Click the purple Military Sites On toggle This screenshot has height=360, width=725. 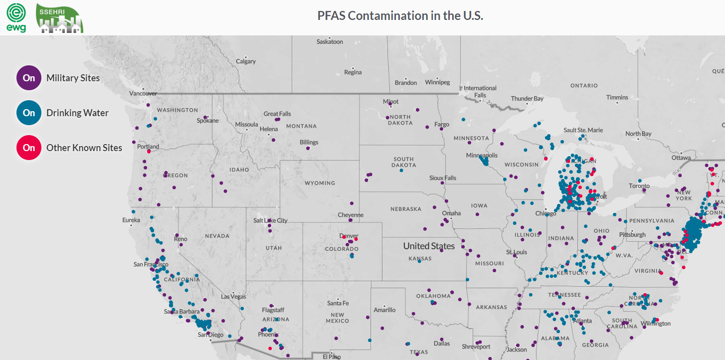pos(29,78)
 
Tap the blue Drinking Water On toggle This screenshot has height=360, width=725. pos(29,113)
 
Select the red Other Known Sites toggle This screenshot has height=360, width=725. pos(29,148)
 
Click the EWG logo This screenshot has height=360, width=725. pos(16,17)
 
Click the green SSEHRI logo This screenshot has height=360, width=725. pos(59,18)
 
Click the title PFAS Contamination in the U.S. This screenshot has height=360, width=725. pos(400,15)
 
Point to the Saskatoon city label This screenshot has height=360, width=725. pos(330,42)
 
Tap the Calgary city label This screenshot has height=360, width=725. pos(246,61)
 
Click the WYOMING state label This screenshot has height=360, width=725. pos(320,183)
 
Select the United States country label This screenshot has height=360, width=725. pos(429,246)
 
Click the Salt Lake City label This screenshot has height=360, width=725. pos(270,220)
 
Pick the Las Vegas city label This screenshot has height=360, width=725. pos(234,297)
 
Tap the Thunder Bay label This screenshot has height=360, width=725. pos(527,99)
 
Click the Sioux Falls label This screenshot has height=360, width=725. pos(443,178)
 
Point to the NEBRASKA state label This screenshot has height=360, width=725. pos(406,209)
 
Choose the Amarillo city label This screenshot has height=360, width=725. pos(384,310)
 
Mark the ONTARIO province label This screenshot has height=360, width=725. pos(584,86)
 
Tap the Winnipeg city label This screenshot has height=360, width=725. pos(437,82)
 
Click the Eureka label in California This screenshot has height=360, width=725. pos(131,220)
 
